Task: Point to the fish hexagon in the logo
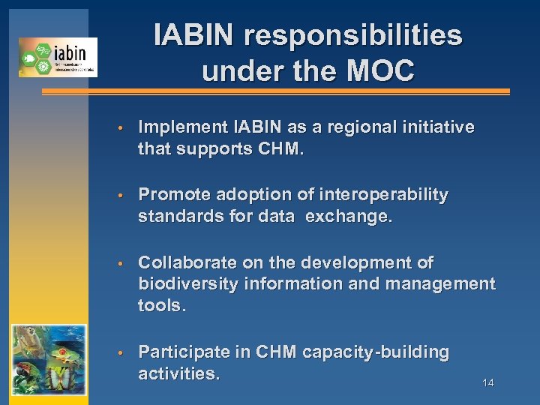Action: coord(28,56)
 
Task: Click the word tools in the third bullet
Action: coord(160,306)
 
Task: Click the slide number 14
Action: coord(487,383)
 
